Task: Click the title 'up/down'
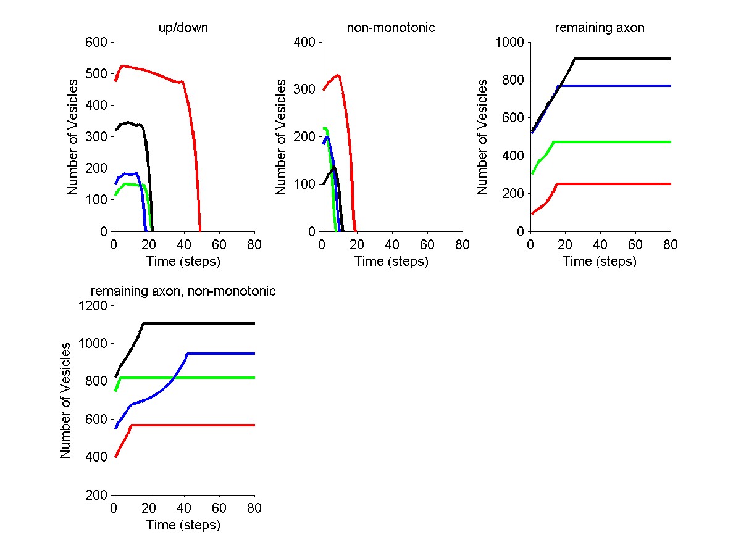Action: point(183,28)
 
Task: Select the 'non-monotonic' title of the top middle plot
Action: point(391,28)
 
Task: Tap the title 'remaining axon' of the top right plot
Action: point(600,28)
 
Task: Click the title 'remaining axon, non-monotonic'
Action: point(183,291)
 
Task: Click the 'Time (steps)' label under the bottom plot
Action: point(183,525)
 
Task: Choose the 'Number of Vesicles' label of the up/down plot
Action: point(73,137)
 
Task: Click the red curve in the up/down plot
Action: point(154,70)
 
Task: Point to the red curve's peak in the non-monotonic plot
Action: point(338,75)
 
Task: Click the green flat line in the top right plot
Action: point(617,142)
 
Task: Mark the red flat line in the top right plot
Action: point(617,184)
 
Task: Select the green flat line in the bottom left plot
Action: point(198,378)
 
